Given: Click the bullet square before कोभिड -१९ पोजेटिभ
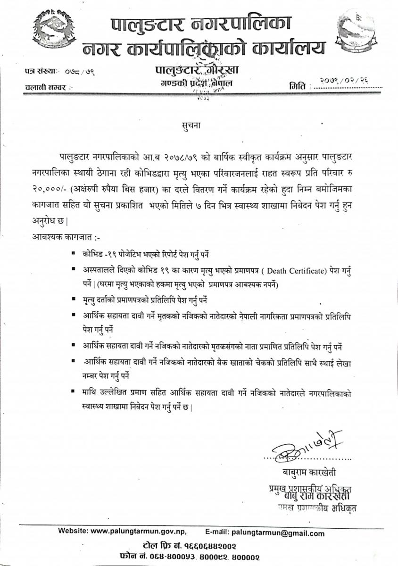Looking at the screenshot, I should click(x=74, y=253).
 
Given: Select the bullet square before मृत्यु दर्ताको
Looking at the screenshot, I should click(x=74, y=299).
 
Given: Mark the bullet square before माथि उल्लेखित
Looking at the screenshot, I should click(x=74, y=391).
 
